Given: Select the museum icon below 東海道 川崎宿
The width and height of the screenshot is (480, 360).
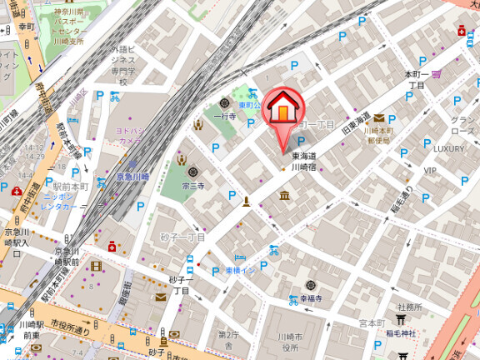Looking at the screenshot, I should tap(285, 196).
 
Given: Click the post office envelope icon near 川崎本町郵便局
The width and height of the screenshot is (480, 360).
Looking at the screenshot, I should tap(379, 118).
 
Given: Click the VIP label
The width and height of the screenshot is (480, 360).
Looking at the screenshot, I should tap(430, 171).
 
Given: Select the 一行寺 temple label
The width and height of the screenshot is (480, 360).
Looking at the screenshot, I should tap(225, 117).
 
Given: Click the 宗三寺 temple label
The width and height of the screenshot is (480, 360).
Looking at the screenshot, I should tap(194, 187).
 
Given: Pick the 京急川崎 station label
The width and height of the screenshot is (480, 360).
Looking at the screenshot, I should tap(132, 177).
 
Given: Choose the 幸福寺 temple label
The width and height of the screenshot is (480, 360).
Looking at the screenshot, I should tap(312, 297).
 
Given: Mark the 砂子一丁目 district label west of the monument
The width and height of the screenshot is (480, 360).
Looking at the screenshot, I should tap(182, 237).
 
